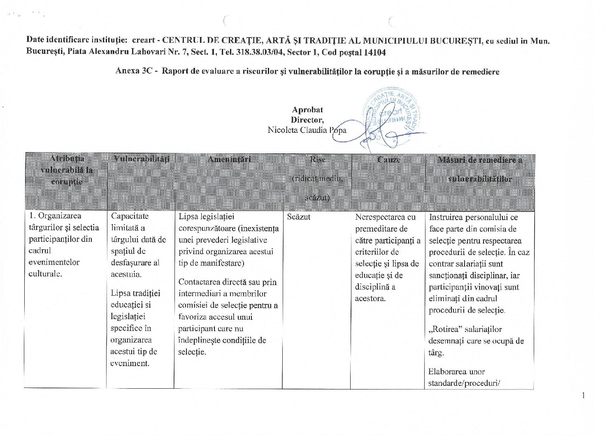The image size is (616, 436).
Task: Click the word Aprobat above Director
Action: point(307,110)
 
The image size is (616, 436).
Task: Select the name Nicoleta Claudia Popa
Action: point(307,130)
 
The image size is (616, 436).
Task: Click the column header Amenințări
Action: point(229,159)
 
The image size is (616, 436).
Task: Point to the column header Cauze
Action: point(388,159)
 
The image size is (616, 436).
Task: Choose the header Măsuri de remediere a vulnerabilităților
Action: point(480,169)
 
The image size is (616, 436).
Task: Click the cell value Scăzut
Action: point(298,217)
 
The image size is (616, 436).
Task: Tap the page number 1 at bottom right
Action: point(583,396)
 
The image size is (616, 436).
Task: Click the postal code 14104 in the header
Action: point(374,52)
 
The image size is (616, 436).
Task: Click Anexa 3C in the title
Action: point(134,71)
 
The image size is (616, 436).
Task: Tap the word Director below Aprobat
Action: point(307,120)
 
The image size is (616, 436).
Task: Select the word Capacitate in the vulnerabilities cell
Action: point(130,216)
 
